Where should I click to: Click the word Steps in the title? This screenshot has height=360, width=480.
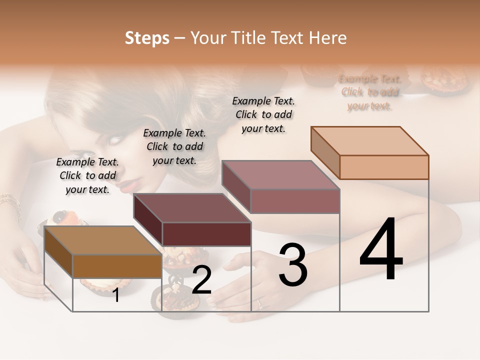pos(147,38)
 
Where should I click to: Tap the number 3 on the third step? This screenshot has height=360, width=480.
pos(293,265)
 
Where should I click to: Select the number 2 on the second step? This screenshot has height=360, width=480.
pos(201,280)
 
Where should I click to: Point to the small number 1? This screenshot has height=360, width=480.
pos(116,295)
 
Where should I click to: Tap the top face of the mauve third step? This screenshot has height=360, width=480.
pos(280,175)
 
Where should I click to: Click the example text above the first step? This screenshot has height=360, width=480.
pos(87,175)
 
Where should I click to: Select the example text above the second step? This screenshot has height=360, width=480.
pos(174,146)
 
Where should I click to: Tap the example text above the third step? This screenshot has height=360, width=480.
pos(263,114)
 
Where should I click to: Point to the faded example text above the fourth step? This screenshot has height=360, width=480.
pos(369,92)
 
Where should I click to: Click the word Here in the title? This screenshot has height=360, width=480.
pos(327,38)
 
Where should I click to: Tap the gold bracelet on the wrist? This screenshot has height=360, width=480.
pos(10,201)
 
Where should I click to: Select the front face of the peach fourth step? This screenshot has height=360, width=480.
pos(384,167)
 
